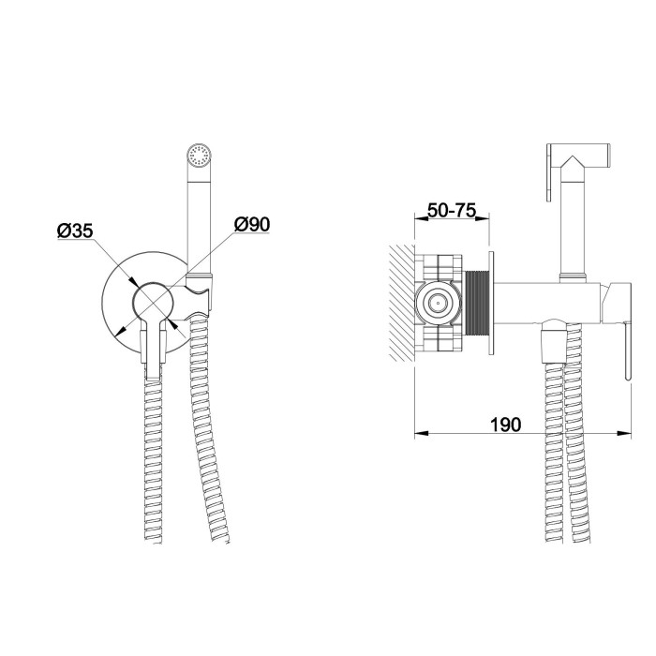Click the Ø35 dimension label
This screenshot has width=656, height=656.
point(75,231)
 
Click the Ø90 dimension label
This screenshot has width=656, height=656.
point(252,224)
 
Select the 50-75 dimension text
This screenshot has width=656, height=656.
point(452,210)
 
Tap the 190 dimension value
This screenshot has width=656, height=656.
point(505,425)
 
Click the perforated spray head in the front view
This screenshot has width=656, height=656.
point(199,157)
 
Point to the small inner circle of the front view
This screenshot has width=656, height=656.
point(153,301)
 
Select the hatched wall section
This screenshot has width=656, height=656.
point(402,304)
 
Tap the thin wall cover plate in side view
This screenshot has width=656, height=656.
point(491,304)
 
